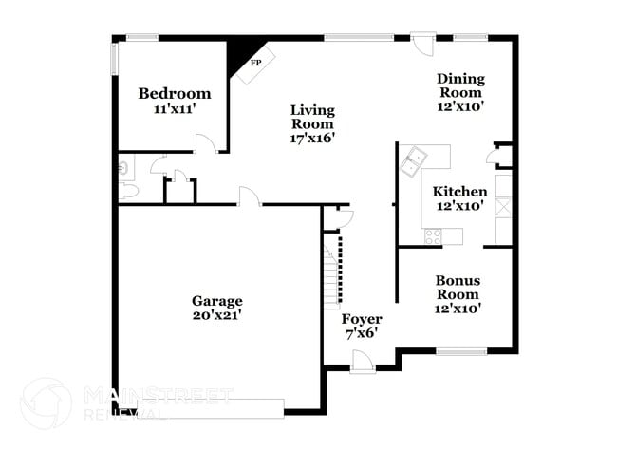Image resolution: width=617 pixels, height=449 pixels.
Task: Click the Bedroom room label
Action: pyautogui.click(x=174, y=93)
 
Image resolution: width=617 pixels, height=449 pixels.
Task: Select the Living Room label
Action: pyautogui.click(x=312, y=117)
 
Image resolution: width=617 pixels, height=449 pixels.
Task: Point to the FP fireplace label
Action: pyautogui.click(x=254, y=63)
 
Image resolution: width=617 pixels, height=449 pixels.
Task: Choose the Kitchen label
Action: pyautogui.click(x=460, y=192)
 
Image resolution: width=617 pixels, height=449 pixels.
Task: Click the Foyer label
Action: pyautogui.click(x=362, y=319)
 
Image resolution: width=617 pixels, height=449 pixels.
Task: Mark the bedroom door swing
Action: pyautogui.click(x=206, y=143)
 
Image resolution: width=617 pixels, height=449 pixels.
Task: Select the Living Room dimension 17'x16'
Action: pyautogui.click(x=312, y=139)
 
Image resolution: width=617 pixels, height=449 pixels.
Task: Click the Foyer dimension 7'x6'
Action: pyautogui.click(x=362, y=333)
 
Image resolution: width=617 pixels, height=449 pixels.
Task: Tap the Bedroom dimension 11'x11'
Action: pyautogui.click(x=174, y=109)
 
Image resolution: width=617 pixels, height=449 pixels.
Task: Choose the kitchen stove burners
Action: pyautogui.click(x=435, y=234)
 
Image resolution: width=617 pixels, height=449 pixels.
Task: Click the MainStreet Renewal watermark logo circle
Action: pyautogui.click(x=46, y=403)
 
